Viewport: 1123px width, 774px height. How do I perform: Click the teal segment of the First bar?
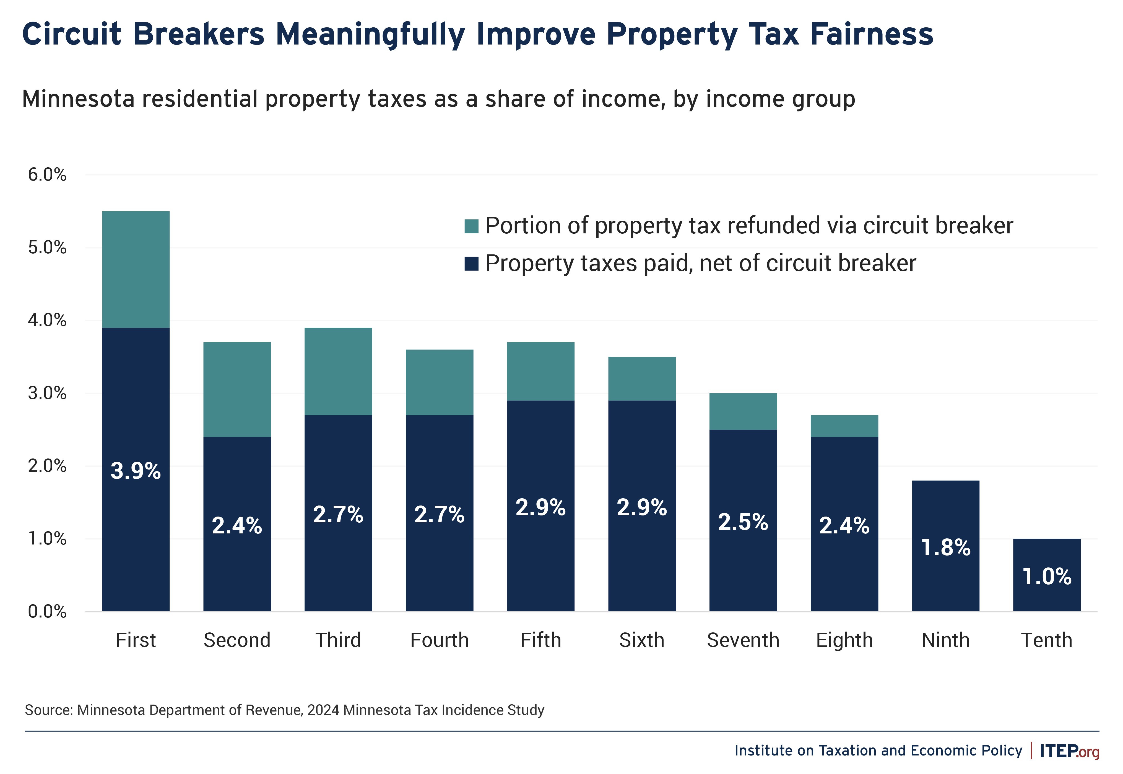(x=136, y=270)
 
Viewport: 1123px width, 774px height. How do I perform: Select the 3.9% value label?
(x=136, y=471)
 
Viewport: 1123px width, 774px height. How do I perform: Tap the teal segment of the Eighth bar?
(x=844, y=426)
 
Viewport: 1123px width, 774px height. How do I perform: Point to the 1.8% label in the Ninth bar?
(x=945, y=548)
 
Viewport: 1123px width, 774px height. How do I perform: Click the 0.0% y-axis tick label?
(x=47, y=611)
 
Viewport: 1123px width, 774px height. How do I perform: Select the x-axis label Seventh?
(x=743, y=640)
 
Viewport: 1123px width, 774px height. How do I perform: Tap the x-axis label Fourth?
(x=440, y=640)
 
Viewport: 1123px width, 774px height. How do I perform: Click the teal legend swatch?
(x=471, y=226)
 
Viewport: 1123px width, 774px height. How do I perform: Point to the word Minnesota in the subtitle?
(x=78, y=99)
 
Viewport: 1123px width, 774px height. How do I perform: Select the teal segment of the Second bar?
(x=237, y=389)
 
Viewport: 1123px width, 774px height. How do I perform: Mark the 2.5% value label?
(x=743, y=522)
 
